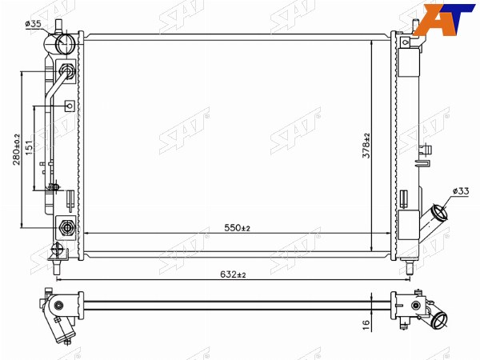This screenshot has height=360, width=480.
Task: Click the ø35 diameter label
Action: (33, 24)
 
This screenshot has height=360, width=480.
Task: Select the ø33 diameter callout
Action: (461, 191)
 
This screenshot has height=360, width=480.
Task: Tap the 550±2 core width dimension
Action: (238, 228)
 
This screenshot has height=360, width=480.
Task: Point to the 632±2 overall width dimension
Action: (233, 274)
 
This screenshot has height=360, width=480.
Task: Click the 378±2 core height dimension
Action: (366, 146)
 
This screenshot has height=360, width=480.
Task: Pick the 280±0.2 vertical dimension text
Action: (16, 150)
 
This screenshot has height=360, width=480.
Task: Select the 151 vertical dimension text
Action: (29, 147)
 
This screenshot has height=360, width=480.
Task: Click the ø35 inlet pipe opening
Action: (65, 43)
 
